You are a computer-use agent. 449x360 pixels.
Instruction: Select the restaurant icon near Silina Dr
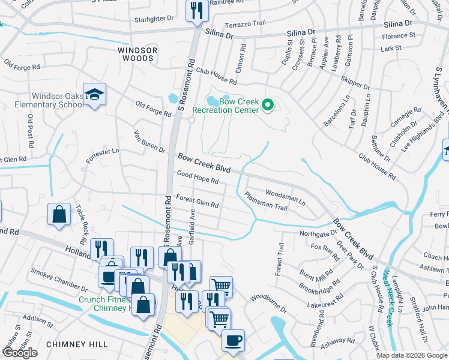click(x=196, y=11)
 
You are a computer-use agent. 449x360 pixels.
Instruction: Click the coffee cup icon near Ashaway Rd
click(x=233, y=340)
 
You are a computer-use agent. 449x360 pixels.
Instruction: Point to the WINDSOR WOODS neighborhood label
click(x=137, y=55)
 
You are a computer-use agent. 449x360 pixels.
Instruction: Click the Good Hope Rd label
click(x=197, y=177)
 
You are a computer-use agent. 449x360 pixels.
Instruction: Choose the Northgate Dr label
click(x=318, y=233)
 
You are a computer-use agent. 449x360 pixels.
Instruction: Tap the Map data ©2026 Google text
click(x=412, y=355)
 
